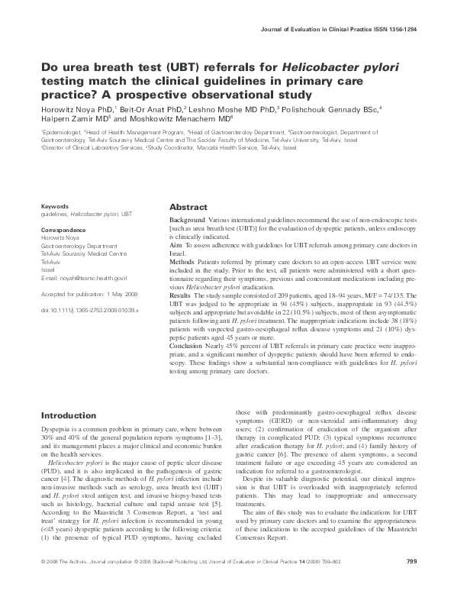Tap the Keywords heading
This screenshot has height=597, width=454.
(x=56, y=206)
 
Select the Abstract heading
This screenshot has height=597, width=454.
(x=188, y=208)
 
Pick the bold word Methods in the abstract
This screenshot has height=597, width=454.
(x=182, y=261)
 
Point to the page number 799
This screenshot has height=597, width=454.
(x=411, y=585)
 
